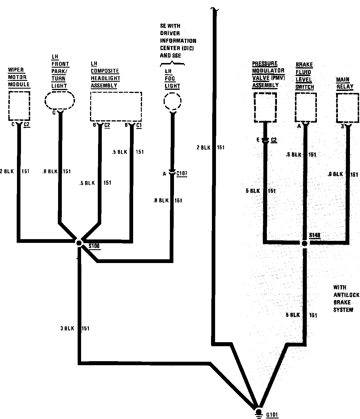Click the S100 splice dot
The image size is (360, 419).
(x=79, y=243)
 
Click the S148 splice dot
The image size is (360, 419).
(x=305, y=243)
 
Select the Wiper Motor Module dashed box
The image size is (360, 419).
(x=19, y=106)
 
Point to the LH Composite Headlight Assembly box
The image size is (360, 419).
(x=116, y=106)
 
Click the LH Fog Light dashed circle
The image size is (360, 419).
(x=172, y=101)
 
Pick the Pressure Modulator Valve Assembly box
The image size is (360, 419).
(x=265, y=107)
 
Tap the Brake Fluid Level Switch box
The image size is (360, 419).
(x=306, y=107)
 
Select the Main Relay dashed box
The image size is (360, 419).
(x=348, y=107)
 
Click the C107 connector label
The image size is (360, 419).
(x=182, y=173)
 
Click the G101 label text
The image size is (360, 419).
(x=272, y=415)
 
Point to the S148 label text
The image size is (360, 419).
(x=315, y=235)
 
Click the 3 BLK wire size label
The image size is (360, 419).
(x=67, y=328)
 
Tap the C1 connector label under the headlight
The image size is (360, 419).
(x=139, y=125)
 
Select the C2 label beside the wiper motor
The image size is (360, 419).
(x=26, y=124)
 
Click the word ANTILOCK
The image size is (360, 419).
(x=346, y=295)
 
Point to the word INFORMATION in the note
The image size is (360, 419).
(x=178, y=41)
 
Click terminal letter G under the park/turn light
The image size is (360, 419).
(x=54, y=113)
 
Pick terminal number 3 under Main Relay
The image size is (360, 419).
(x=342, y=126)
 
